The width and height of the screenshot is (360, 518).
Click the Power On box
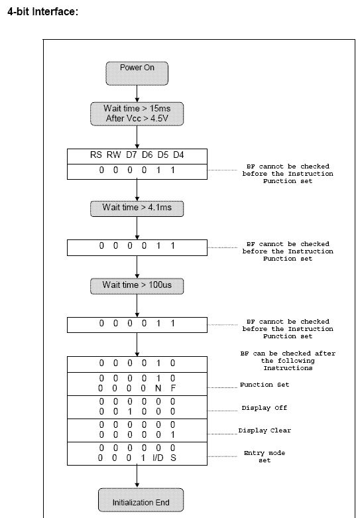[x=137, y=74]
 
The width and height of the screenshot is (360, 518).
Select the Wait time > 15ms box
[x=137, y=113]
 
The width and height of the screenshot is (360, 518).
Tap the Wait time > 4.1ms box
[x=137, y=208]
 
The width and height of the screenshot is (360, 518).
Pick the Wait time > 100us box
[x=137, y=286]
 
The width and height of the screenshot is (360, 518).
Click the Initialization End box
[x=141, y=500]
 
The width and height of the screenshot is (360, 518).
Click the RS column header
[x=95, y=155]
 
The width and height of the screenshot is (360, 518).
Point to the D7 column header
[x=131, y=155]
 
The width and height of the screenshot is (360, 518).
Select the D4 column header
[x=178, y=155]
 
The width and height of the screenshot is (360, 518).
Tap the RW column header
[x=113, y=155]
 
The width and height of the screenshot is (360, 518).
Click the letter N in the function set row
[x=158, y=388]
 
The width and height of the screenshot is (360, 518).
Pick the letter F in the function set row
[x=173, y=388]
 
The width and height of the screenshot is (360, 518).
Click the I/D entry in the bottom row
[x=158, y=458]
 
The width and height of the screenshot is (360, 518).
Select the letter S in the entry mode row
[x=173, y=458]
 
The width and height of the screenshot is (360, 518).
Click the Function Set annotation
[x=265, y=385]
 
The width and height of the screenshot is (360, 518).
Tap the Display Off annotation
[x=265, y=408]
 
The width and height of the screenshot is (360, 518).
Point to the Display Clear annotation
[x=265, y=430]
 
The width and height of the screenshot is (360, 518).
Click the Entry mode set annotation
[x=265, y=456]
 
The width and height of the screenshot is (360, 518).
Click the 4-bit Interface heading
[x=42, y=11]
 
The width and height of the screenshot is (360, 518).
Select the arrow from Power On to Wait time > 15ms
[x=137, y=94]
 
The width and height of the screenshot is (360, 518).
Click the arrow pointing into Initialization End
[x=137, y=477]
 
